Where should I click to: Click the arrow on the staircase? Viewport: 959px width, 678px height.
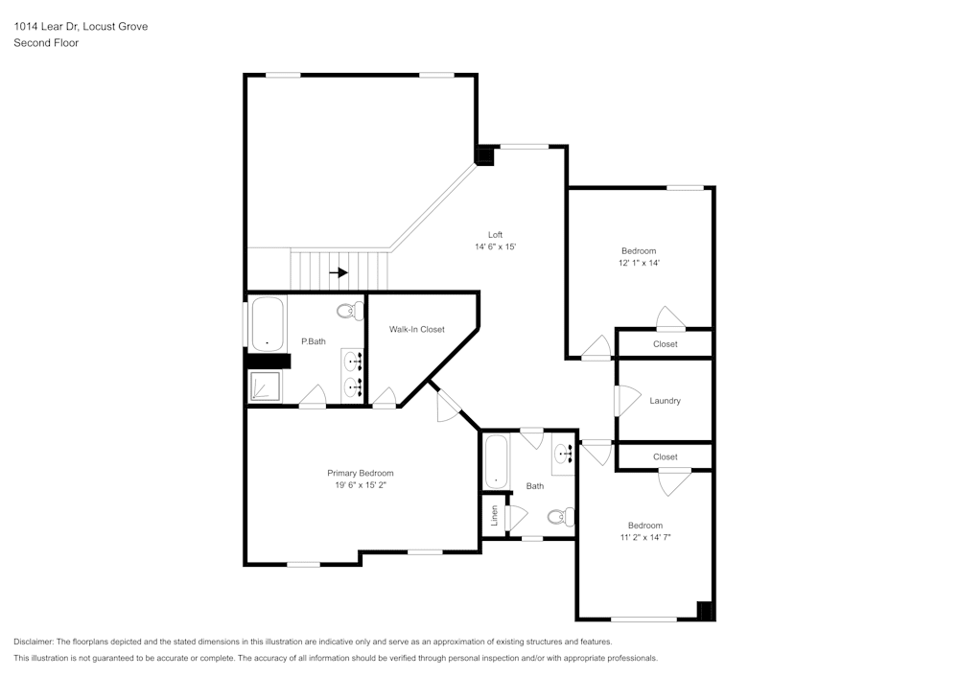pos(338,272)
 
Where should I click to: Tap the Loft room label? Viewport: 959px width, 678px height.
pos(495,235)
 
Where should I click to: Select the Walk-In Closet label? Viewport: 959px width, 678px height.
pos(416,330)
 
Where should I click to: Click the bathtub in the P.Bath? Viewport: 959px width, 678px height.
pos(267,324)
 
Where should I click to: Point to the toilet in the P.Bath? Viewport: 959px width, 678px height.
pos(351,310)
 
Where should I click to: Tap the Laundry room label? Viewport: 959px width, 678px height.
pos(665,401)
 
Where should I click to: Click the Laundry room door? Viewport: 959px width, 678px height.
pos(626,401)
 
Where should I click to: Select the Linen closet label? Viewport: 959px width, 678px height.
pos(495,516)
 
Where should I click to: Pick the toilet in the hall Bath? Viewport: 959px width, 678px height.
pos(561,517)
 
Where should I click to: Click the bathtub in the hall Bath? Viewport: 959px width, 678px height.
pos(496,461)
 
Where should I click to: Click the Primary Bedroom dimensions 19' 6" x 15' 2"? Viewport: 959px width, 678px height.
pos(361,486)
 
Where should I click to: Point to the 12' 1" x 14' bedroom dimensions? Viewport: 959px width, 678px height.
pos(639,263)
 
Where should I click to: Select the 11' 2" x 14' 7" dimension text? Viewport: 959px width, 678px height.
pos(644,538)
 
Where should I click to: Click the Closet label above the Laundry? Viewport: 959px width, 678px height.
pos(665,344)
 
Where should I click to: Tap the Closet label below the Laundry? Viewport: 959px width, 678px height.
pos(665,457)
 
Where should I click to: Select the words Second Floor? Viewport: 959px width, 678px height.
pos(46,43)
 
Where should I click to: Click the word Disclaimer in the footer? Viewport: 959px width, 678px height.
pos(34,642)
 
